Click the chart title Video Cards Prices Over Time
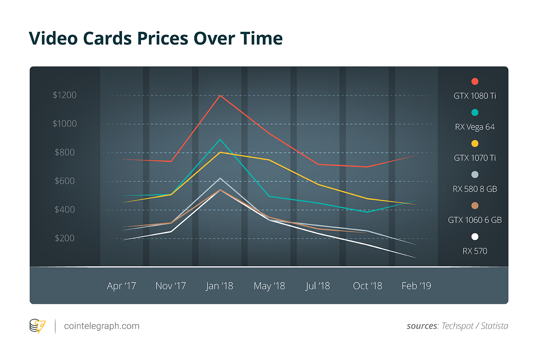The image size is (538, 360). [x=156, y=39]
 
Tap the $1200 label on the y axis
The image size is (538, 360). [x=65, y=95]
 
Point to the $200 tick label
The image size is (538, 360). [x=65, y=238]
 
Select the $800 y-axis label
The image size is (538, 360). [x=65, y=153]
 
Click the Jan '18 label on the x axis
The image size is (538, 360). [x=220, y=286]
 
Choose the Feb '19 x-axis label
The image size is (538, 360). [x=416, y=286]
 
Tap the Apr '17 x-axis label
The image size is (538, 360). [x=121, y=286]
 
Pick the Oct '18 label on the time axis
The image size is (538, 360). [x=367, y=286]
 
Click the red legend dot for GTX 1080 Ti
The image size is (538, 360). [x=475, y=82]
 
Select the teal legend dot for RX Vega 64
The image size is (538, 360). [x=475, y=112]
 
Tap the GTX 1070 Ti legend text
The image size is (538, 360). [x=475, y=158]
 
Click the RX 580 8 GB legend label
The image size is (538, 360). [x=475, y=189]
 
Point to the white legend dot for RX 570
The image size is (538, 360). [x=475, y=237]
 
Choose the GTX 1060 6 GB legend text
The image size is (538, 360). [x=475, y=220]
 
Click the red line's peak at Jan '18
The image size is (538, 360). [x=220, y=96]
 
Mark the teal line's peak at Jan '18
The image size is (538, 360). [x=220, y=140]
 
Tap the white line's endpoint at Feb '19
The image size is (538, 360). [x=416, y=258]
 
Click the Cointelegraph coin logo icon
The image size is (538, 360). [x=37, y=326]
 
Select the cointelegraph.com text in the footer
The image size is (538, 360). [x=102, y=326]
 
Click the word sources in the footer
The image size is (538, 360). [x=422, y=326]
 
